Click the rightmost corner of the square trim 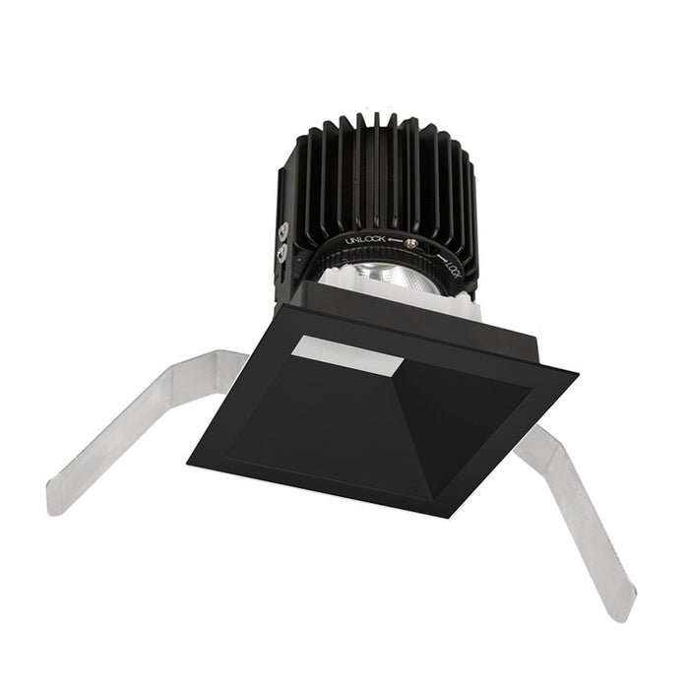[x=576, y=373]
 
